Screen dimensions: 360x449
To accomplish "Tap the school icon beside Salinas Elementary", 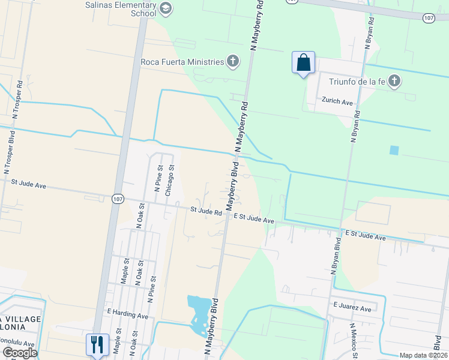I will [166, 8].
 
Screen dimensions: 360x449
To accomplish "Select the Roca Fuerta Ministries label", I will [181, 61].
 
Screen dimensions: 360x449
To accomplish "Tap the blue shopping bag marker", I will [303, 63].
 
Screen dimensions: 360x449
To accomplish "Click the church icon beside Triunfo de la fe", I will [394, 80].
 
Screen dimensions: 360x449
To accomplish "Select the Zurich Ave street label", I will [337, 102].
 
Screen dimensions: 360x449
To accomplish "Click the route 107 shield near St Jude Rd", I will [118, 199].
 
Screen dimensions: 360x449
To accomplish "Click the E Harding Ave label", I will [127, 314].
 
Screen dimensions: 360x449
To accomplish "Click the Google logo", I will [19, 353].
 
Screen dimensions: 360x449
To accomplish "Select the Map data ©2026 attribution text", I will [422, 355].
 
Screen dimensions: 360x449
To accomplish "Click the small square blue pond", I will [394, 150].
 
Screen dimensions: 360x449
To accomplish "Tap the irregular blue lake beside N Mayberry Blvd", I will [200, 313].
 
